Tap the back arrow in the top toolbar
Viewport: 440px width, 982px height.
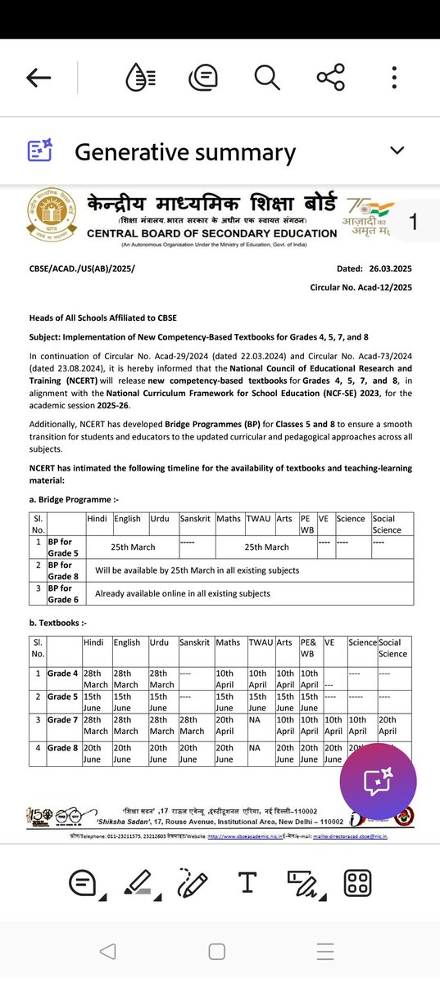(x=39, y=78)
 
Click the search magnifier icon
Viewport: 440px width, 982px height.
(x=266, y=78)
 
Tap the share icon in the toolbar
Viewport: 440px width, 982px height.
(x=330, y=78)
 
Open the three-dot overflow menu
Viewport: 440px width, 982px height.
(x=394, y=78)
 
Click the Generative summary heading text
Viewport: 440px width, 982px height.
(x=185, y=152)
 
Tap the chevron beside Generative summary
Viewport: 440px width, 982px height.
(x=397, y=151)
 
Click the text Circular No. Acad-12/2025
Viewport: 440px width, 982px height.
(x=361, y=287)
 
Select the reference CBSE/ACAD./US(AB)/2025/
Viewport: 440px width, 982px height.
(x=82, y=268)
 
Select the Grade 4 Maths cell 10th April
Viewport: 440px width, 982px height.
(x=229, y=678)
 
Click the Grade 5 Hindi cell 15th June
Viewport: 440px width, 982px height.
(x=95, y=702)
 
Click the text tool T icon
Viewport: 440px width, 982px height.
(x=247, y=882)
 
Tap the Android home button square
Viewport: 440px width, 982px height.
(x=216, y=952)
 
